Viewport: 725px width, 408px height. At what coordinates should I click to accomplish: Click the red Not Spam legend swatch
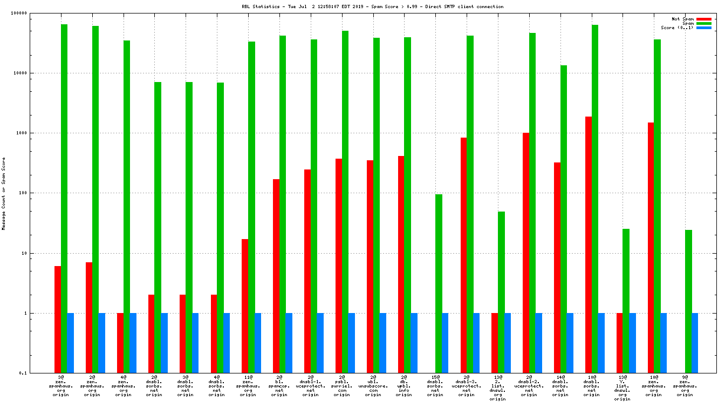(x=703, y=19)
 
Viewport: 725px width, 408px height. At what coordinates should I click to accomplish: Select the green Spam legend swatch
(x=703, y=23)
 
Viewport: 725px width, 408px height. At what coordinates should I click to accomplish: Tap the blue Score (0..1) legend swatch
(x=703, y=28)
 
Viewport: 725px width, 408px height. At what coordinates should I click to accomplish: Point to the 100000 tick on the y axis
(x=34, y=13)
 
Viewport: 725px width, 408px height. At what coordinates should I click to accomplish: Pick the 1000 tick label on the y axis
(x=37, y=133)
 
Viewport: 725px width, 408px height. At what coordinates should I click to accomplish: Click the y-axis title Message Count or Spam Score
(x=4, y=194)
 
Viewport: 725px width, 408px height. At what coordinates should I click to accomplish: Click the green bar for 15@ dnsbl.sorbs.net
(x=439, y=283)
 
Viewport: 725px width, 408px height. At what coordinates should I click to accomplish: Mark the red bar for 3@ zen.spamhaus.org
(x=58, y=319)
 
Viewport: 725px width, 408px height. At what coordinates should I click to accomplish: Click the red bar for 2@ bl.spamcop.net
(x=276, y=276)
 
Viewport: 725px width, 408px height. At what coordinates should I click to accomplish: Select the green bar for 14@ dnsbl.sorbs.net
(x=564, y=219)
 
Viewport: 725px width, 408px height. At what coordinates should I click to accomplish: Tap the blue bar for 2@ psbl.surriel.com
(x=352, y=343)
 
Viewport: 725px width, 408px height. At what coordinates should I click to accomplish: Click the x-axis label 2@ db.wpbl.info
(x=404, y=386)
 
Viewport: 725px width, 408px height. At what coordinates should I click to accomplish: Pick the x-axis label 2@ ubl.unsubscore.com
(x=373, y=386)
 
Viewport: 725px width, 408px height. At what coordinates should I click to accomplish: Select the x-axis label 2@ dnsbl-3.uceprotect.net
(x=467, y=386)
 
